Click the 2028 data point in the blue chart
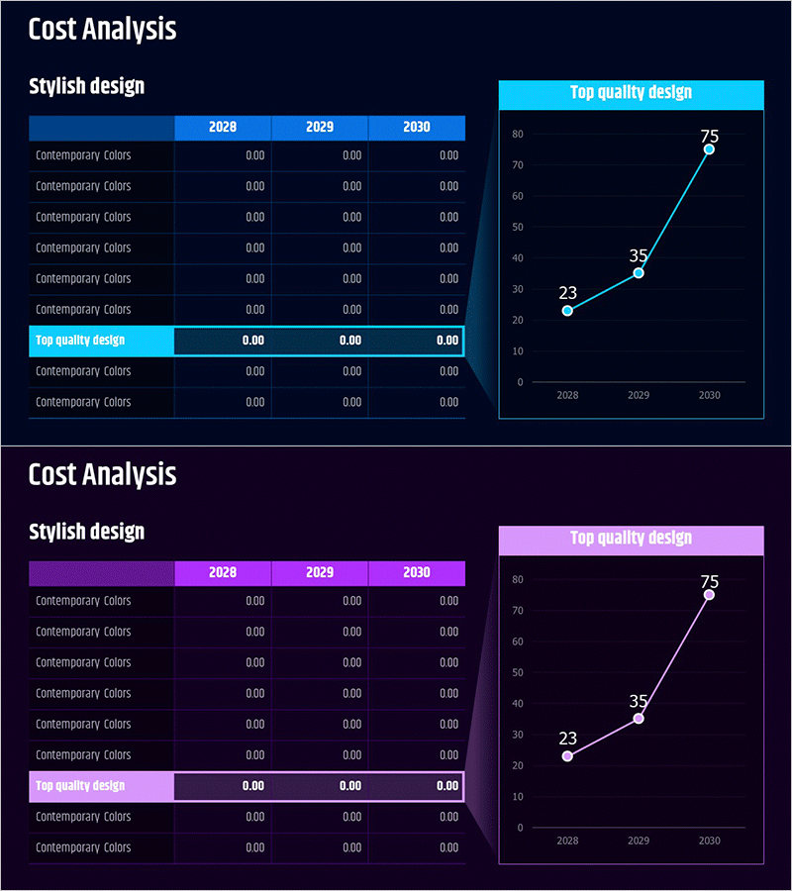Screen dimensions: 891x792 point(567,311)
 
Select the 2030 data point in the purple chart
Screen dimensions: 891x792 point(709,595)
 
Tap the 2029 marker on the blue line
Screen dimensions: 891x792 point(639,273)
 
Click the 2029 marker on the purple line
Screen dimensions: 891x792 point(639,719)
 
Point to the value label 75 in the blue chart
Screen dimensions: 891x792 point(709,137)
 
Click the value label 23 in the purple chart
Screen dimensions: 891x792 point(567,738)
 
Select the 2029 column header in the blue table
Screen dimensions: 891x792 point(320,128)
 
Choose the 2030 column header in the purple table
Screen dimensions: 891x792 point(417,573)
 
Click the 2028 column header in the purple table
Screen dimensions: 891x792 point(223,573)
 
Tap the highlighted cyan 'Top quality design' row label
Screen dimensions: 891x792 point(80,341)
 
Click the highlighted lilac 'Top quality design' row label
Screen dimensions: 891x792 point(80,786)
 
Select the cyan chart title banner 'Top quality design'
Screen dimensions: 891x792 point(631,93)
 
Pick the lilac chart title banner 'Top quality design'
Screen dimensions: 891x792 point(631,539)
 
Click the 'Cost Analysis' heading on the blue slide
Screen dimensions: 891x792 point(102,29)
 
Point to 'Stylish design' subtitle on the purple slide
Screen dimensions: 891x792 point(87,532)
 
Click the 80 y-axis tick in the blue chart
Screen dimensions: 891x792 point(518,134)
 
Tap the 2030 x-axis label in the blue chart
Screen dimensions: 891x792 point(709,395)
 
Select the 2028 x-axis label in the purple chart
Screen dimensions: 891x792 point(567,841)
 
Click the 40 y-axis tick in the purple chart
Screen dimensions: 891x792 point(518,704)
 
